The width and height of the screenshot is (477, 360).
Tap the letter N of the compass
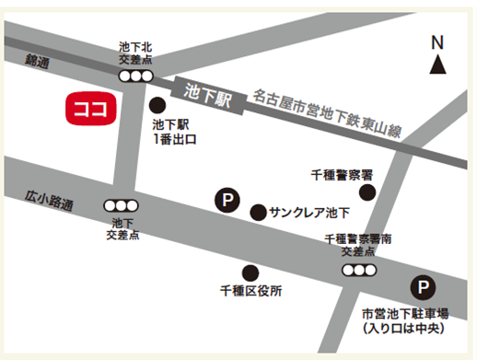click(438, 42)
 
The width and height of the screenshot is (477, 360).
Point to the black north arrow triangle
click(438, 64)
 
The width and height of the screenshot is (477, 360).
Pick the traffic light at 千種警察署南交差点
click(359, 270)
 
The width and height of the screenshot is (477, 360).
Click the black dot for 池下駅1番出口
click(157, 104)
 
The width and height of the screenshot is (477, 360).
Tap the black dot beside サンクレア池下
click(258, 213)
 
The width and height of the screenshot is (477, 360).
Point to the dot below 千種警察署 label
click(367, 192)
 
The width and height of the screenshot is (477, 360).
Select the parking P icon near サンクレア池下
click(224, 198)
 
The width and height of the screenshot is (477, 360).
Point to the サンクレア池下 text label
click(309, 213)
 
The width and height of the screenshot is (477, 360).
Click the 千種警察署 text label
click(343, 173)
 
